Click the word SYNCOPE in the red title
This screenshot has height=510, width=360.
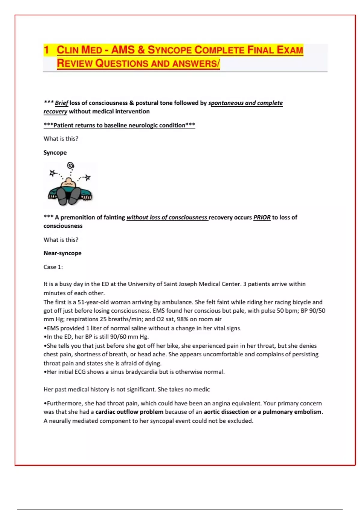tap(169, 50)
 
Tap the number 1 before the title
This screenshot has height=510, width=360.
tap(46, 49)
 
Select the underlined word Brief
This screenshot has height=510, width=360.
tap(61, 103)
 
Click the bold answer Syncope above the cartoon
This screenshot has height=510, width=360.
tap(55, 152)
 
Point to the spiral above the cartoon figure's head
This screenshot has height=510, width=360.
tap(70, 165)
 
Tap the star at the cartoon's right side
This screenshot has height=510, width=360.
tap(88, 178)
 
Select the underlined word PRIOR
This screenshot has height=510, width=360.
tap(262, 217)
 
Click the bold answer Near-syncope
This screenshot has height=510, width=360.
tap(62, 253)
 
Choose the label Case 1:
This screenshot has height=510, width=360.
tap(53, 267)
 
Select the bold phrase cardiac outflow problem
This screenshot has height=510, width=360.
tap(129, 412)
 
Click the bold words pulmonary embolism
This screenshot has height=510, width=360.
tap(292, 412)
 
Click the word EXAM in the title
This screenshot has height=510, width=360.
tap(289, 50)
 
